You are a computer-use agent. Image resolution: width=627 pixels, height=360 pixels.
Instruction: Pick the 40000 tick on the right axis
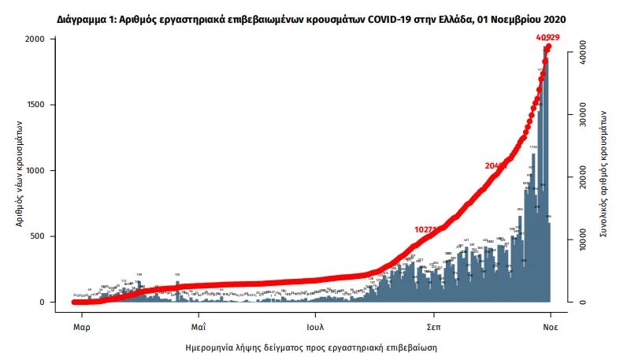click(x=583, y=46)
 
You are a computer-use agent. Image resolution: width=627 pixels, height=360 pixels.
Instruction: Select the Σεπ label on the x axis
click(x=433, y=325)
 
